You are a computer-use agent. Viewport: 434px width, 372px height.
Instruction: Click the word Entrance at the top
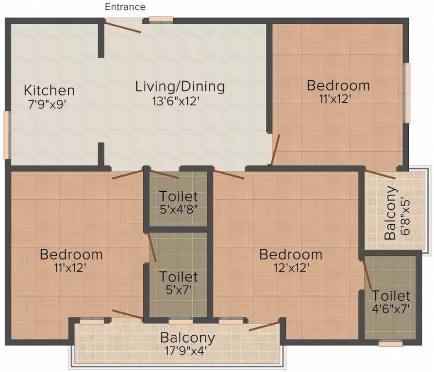125,7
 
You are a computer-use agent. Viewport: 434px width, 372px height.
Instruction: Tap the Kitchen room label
50,91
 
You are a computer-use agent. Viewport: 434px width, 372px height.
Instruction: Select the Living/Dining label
180,87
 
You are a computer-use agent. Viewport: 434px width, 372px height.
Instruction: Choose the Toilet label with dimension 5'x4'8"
179,197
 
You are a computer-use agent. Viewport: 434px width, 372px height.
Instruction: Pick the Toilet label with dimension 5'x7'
179,277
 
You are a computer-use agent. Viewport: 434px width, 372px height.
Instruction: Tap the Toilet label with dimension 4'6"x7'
391,295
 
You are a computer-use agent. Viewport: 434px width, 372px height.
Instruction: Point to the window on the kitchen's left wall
6,135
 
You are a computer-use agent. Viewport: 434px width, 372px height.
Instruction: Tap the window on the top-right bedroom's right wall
407,92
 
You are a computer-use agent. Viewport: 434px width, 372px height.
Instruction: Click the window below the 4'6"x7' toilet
390,343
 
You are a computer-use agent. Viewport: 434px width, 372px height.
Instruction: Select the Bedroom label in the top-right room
338,86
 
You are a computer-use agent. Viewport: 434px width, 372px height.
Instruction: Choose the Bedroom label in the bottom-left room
71,254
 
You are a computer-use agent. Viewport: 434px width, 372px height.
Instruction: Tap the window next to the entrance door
161,20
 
